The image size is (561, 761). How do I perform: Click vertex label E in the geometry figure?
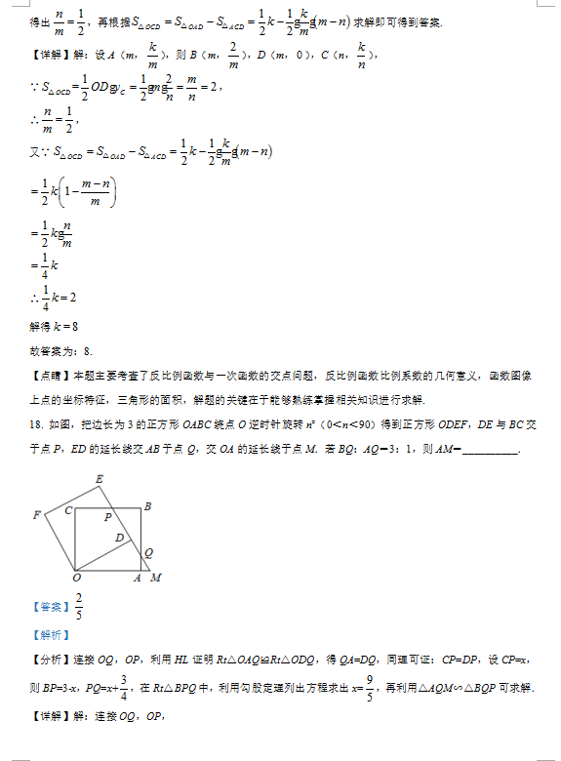pos(100,478)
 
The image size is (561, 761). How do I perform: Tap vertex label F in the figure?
pos(36,514)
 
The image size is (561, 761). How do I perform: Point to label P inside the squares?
pos(108,516)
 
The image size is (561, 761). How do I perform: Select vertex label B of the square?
pos(147,505)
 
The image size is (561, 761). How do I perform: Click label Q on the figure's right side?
pos(148,552)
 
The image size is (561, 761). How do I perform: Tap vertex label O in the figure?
pos(76,579)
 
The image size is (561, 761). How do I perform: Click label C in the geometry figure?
pos(68,509)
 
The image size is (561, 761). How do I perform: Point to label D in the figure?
pos(119,538)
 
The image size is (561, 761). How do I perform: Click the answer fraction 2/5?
pos(79,606)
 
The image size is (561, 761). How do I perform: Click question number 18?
pos(36,424)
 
